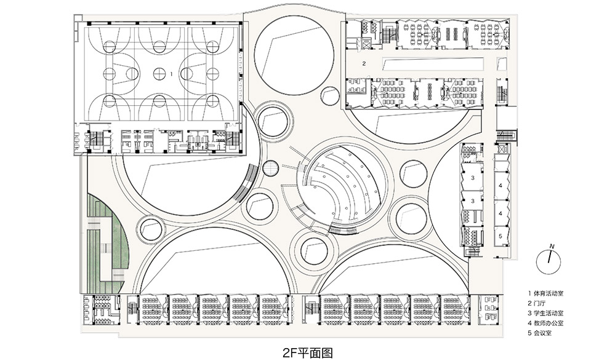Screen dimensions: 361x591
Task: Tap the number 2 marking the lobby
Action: [364, 63]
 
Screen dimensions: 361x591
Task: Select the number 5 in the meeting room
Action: [501, 235]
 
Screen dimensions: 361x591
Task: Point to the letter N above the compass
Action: [552, 246]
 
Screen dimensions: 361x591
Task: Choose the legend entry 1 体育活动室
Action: [549, 293]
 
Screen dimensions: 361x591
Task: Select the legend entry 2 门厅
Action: [538, 303]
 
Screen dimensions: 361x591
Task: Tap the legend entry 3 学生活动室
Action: [549, 312]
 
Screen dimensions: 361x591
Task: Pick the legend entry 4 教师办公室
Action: [549, 322]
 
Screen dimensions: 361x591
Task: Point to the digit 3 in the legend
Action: [529, 312]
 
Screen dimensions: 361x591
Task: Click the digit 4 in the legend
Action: [529, 322]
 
